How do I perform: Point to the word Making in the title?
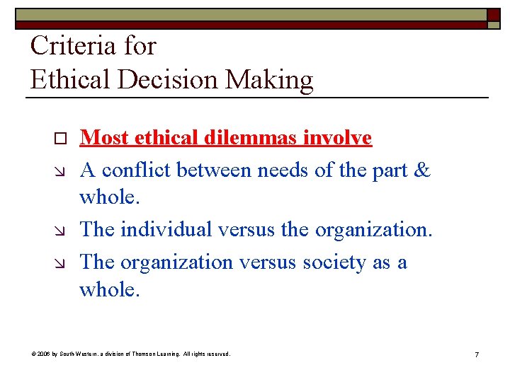pos(269,80)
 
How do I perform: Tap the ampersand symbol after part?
pos(421,170)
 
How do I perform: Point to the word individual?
pos(166,229)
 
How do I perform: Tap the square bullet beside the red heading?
pos(60,139)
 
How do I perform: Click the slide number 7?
pos(477,354)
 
